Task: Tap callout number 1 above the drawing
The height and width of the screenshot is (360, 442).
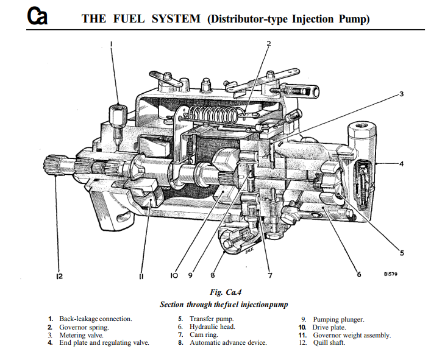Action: [112, 43]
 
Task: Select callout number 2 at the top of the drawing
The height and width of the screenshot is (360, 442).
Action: [268, 43]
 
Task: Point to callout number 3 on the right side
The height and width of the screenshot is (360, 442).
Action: [402, 94]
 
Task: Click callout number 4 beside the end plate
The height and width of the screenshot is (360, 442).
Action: [402, 163]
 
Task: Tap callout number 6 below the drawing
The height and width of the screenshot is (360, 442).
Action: [358, 275]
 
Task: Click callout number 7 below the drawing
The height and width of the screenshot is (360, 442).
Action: [269, 275]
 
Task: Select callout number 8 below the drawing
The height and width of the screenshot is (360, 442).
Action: [213, 275]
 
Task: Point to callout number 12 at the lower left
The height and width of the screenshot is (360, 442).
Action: [59, 276]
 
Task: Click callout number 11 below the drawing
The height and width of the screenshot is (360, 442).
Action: [141, 276]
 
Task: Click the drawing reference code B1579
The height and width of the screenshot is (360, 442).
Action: [391, 275]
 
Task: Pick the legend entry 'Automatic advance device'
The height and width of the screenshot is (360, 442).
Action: [227, 343]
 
